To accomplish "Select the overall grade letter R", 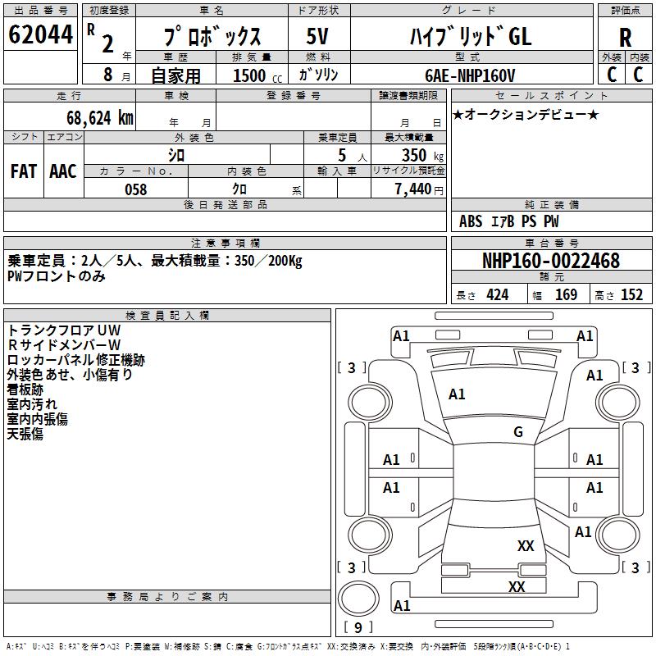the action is pyautogui.click(x=626, y=37).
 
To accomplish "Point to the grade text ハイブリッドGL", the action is pyautogui.click(x=470, y=37).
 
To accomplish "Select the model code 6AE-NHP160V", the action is pyautogui.click(x=470, y=75).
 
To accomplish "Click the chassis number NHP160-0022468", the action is pyautogui.click(x=551, y=261).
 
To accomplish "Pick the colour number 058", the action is pyautogui.click(x=135, y=189).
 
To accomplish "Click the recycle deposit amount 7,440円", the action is pyautogui.click(x=418, y=189).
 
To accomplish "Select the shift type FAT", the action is pyautogui.click(x=23, y=171).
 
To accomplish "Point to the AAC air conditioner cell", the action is pyautogui.click(x=62, y=171).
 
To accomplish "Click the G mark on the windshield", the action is pyautogui.click(x=517, y=432).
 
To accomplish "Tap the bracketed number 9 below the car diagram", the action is pyautogui.click(x=358, y=628).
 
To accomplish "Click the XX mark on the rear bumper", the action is pyautogui.click(x=517, y=586).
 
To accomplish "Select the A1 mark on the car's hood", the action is pyautogui.click(x=457, y=394).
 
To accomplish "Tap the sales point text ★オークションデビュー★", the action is pyautogui.click(x=525, y=114).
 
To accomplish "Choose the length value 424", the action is pyautogui.click(x=498, y=295).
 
